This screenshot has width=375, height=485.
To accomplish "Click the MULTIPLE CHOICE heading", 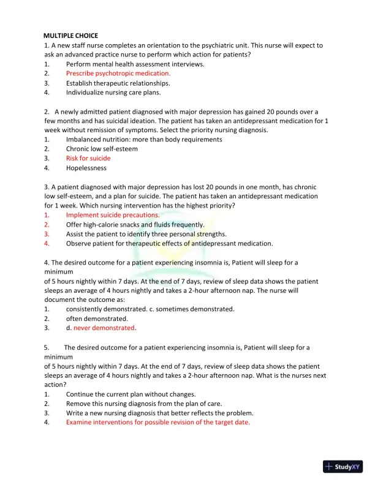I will pos(70,36).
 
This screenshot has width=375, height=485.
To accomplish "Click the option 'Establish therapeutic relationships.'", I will pos(118,83).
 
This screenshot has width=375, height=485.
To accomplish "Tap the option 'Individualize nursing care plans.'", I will pos(113,92).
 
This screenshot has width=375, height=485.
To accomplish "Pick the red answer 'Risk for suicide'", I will pos(88,158).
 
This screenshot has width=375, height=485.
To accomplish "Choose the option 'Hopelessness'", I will pos(86,168).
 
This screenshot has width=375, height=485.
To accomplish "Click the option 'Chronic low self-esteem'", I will pos(102,149).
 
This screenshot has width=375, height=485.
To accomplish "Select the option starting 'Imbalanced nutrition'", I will pos(144,140).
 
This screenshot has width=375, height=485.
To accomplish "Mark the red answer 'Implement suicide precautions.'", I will pos(113,215).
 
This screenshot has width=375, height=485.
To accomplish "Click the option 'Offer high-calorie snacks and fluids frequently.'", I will pos(135,225).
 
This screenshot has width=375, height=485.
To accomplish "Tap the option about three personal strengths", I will pos(146,234).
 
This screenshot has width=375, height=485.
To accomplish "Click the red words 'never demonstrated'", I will pos(108,328).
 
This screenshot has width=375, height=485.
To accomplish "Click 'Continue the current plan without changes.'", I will pos(131,394).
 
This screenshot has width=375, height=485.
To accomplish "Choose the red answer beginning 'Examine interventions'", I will pos(158,423).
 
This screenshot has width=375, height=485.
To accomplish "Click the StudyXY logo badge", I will pos(343,467).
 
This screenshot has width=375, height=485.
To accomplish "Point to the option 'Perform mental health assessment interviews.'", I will pos(135,64).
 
